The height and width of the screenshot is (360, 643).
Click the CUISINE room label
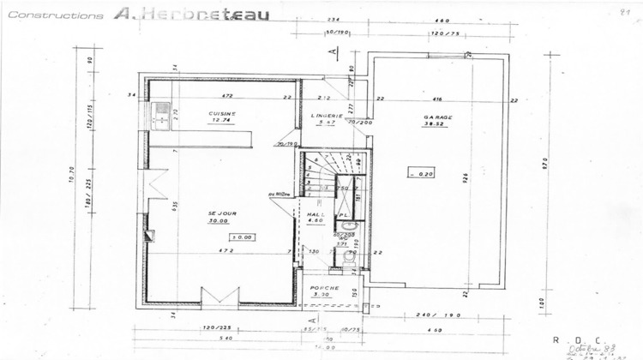click(x=221, y=113)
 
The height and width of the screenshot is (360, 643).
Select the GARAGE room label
click(x=438, y=117)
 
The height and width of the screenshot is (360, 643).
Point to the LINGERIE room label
click(x=328, y=115)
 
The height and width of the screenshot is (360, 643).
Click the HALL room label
click(x=314, y=213)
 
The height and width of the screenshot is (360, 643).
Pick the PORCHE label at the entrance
click(x=325, y=288)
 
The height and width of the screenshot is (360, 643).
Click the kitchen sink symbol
click(x=159, y=116)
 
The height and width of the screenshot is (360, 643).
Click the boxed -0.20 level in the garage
click(x=421, y=173)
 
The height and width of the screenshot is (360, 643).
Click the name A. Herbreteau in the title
click(x=189, y=15)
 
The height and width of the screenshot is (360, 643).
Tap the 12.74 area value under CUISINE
click(x=221, y=121)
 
